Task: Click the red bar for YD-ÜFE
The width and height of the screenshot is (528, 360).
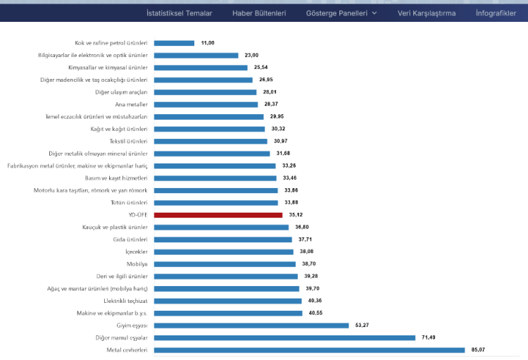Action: tap(218, 215)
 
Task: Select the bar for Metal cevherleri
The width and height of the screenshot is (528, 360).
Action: tap(309, 349)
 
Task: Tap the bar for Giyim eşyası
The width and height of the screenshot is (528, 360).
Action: tap(251, 325)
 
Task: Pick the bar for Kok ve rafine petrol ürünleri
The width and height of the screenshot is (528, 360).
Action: tap(174, 43)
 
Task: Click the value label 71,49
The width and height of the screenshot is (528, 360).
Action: tap(429, 337)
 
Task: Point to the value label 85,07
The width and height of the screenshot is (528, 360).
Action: tap(479, 349)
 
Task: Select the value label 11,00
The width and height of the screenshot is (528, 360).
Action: tap(208, 43)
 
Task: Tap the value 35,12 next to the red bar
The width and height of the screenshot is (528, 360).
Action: tap(296, 215)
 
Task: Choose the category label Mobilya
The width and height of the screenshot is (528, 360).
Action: tap(137, 263)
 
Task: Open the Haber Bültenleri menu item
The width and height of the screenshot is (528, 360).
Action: tap(259, 13)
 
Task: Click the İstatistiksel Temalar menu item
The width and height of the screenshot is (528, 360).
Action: tap(179, 13)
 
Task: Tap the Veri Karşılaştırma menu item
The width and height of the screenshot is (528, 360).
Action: tap(426, 13)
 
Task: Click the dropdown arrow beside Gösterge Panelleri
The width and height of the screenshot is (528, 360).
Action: tap(375, 13)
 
